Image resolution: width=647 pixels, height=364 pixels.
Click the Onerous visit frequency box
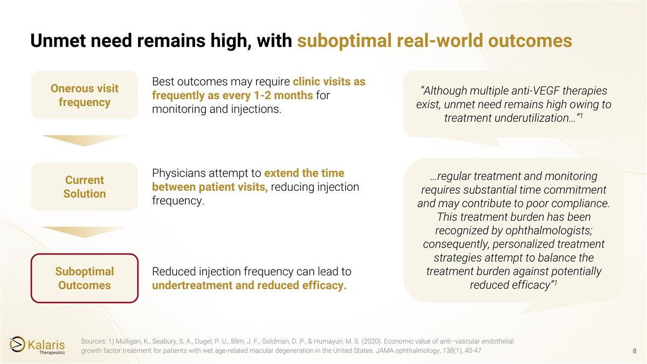coord(84,95)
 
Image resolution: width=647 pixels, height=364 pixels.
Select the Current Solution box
coord(84,187)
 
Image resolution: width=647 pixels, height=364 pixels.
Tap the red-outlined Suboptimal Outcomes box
coord(84,278)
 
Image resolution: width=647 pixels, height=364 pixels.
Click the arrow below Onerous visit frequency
coord(84,140)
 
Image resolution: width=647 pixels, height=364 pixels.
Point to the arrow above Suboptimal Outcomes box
coord(84,232)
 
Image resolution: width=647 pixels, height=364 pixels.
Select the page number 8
coord(635,351)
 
